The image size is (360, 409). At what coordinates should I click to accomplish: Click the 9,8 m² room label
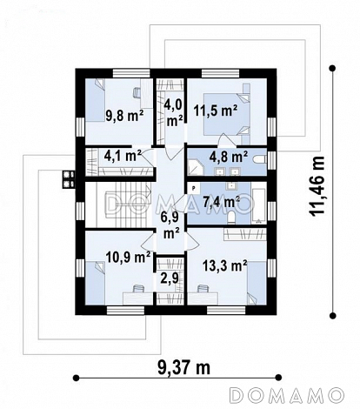(124, 116)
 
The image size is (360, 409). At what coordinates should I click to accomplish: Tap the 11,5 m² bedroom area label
(216, 111)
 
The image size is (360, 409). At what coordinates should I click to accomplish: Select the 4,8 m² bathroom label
(229, 157)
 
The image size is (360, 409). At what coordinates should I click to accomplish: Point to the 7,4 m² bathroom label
(221, 202)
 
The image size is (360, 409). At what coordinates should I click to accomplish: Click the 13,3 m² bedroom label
(224, 265)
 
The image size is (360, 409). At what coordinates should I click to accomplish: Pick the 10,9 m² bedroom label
(128, 257)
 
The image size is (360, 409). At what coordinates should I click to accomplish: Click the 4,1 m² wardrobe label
(123, 156)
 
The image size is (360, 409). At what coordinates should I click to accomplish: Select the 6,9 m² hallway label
(171, 225)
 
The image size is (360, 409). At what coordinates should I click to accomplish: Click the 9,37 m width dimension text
(184, 368)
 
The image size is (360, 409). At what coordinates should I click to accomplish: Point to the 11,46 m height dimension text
(317, 186)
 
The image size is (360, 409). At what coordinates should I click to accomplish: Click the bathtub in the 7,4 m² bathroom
(259, 206)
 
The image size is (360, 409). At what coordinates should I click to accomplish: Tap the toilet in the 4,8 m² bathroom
(260, 159)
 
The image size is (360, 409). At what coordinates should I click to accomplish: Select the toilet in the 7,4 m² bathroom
(231, 218)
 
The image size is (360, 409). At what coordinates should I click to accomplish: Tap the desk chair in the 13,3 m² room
(203, 289)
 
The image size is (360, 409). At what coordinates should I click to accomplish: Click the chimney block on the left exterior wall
(69, 178)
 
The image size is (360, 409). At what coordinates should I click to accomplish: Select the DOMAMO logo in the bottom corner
(287, 395)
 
